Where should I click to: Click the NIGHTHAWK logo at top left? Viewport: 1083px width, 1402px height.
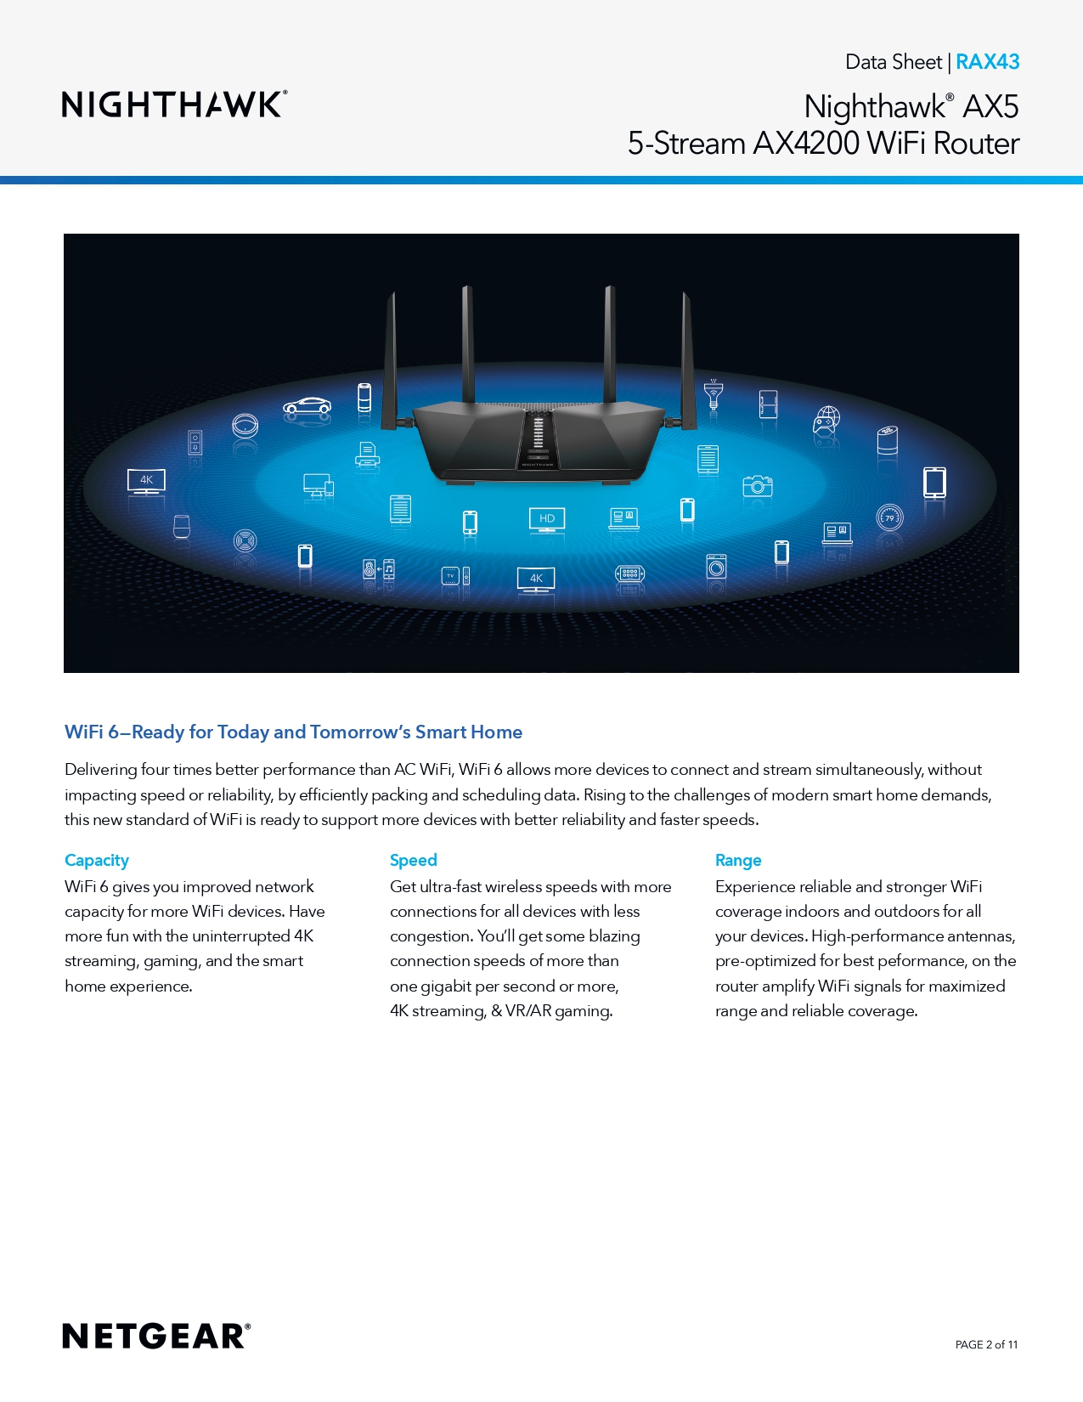[x=174, y=105]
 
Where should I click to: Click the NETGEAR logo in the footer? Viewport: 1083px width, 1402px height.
[x=156, y=1336]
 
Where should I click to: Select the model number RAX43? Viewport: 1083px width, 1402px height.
[x=987, y=62]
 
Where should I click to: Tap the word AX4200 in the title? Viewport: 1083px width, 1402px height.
[x=805, y=144]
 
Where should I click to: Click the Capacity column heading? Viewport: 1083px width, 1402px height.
[x=97, y=860]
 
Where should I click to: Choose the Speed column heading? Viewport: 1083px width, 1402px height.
[x=414, y=860]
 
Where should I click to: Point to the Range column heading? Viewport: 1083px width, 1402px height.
[x=738, y=860]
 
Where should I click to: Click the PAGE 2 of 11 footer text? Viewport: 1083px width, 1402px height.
[x=986, y=1344]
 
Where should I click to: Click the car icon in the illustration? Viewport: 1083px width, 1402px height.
[x=307, y=406]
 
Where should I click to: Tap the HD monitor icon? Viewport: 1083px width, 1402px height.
[x=547, y=519]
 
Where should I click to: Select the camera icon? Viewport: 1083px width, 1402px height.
[x=758, y=486]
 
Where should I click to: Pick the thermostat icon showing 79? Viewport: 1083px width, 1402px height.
[x=889, y=517]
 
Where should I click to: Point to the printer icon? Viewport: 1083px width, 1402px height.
[x=367, y=455]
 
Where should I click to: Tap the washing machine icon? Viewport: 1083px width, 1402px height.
[x=716, y=566]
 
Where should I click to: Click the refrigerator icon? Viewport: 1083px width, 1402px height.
[x=768, y=404]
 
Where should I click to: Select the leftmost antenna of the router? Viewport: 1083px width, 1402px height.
[x=390, y=361]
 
